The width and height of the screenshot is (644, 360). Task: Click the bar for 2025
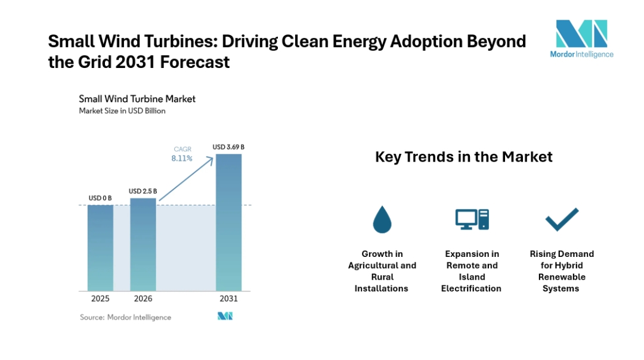coord(100,247)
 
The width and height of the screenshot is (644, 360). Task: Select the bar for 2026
coord(143,244)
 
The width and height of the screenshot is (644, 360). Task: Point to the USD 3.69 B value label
coord(228,147)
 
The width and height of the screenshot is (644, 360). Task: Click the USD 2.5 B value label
coord(143,191)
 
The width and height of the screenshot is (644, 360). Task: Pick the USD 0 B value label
coord(100,198)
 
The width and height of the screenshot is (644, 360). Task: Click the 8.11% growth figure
coord(182,159)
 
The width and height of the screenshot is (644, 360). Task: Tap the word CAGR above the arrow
coord(182,149)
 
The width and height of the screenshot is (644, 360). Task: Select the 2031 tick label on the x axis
coord(228,299)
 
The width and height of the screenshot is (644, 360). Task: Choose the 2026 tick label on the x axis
coord(143,299)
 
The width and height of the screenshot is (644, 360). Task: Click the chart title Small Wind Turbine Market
coord(137,99)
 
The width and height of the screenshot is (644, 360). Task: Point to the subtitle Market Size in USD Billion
coord(122,111)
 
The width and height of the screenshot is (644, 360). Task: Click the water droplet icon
coord(382,219)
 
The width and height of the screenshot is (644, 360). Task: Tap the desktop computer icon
coord(472,219)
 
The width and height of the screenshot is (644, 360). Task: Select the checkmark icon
coord(562,219)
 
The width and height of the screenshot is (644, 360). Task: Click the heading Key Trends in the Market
coord(463,157)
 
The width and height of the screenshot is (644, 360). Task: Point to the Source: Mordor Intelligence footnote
coord(126,317)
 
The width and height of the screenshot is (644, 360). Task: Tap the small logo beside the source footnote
coord(225,316)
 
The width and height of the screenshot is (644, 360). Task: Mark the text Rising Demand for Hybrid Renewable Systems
coord(562,271)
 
